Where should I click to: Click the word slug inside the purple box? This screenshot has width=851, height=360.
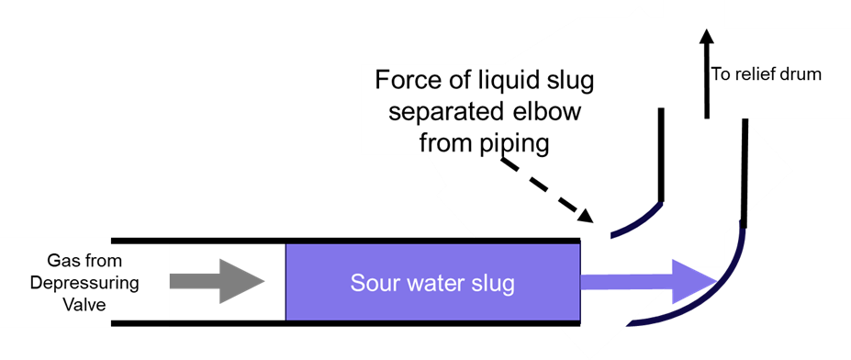pos(493,283)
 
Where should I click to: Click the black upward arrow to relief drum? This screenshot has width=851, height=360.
pos(705,73)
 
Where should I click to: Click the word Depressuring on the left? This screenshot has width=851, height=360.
pos(84,282)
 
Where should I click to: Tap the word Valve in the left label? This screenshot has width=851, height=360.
pos(84,301)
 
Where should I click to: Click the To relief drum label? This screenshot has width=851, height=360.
pos(766,74)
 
